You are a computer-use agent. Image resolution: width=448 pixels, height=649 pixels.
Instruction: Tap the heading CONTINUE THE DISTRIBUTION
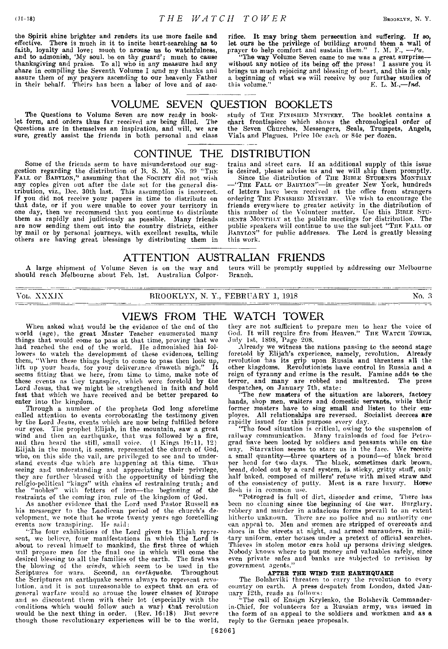point(222,153)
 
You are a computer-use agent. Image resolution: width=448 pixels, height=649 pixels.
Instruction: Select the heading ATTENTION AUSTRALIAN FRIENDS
point(224,257)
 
